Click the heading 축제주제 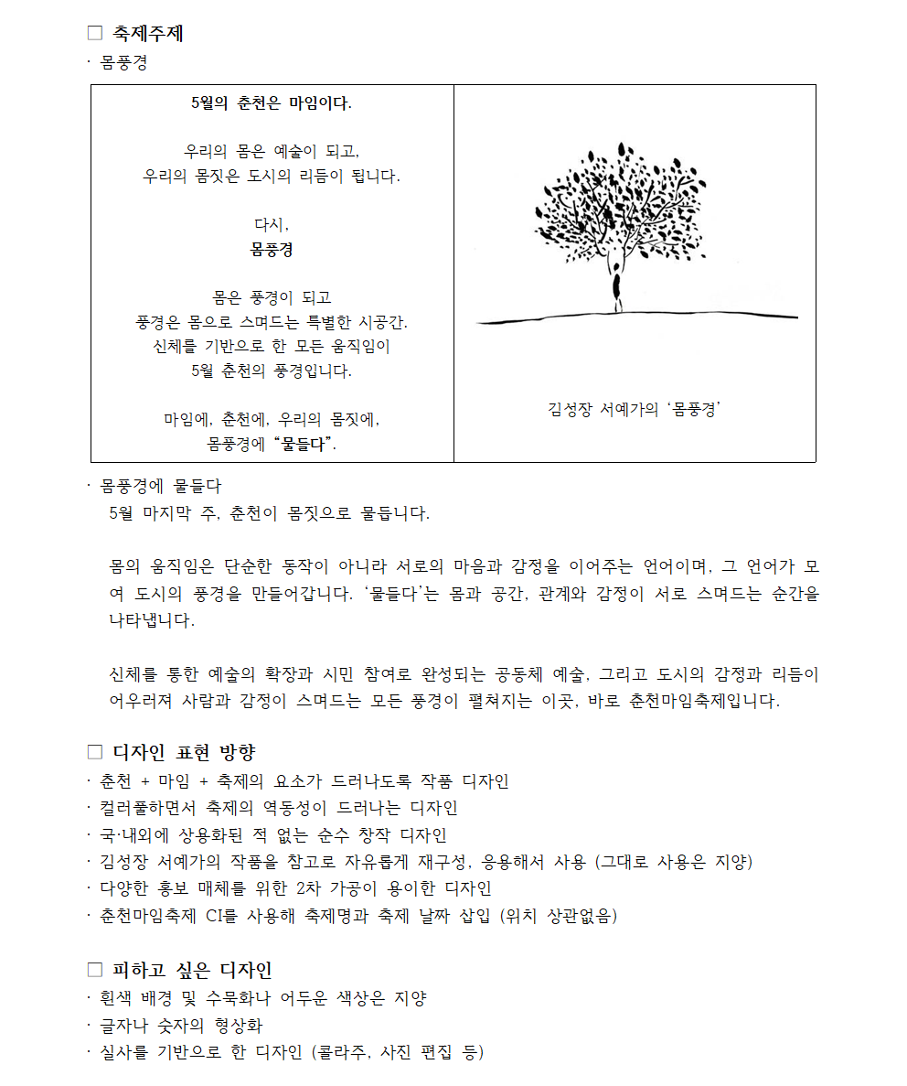(147, 34)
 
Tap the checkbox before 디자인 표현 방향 (95, 752)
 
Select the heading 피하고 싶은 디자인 (192, 970)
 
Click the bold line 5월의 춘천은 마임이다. (272, 102)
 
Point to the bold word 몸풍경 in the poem (272, 249)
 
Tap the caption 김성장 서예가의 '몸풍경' (635, 409)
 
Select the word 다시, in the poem (272, 224)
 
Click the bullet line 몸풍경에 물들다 (160, 486)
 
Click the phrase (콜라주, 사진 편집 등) (398, 1053)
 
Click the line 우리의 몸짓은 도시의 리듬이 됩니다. (272, 175)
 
